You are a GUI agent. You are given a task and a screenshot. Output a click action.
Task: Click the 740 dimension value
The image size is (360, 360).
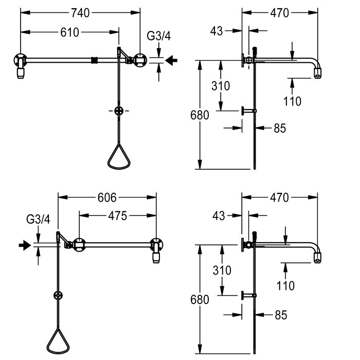(x=80, y=13)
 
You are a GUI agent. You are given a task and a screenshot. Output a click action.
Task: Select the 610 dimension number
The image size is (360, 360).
(x=69, y=32)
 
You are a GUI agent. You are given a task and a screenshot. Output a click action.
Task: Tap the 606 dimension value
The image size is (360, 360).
(x=107, y=197)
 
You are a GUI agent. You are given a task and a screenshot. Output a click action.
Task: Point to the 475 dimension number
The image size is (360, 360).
(x=118, y=216)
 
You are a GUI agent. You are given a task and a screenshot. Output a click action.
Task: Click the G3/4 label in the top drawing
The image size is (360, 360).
(x=158, y=36)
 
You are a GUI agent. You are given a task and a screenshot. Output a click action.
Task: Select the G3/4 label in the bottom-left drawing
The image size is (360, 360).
(x=38, y=219)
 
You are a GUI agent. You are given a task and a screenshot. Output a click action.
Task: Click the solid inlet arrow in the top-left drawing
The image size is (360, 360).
(x=171, y=60)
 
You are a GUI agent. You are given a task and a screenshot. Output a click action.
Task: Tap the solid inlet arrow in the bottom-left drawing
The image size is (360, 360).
(x=25, y=245)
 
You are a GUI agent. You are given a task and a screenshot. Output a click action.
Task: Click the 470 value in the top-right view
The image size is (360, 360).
(x=279, y=13)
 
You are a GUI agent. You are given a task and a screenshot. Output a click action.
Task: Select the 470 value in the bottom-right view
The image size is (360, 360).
(x=279, y=197)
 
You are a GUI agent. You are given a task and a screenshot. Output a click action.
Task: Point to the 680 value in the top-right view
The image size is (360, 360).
(x=200, y=115)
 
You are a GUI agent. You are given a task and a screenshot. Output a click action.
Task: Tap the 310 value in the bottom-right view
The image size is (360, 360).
(x=222, y=270)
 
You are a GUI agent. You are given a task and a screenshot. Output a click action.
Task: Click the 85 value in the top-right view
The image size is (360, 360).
(x=280, y=128)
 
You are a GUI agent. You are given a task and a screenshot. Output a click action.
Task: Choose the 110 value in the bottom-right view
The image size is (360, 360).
(x=285, y=286)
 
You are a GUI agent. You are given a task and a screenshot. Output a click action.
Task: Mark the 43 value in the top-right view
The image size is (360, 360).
(x=217, y=31)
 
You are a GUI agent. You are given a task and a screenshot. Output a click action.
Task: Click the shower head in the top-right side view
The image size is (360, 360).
(x=317, y=73)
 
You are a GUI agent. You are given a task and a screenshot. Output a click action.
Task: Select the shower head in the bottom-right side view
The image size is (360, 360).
(x=317, y=258)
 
